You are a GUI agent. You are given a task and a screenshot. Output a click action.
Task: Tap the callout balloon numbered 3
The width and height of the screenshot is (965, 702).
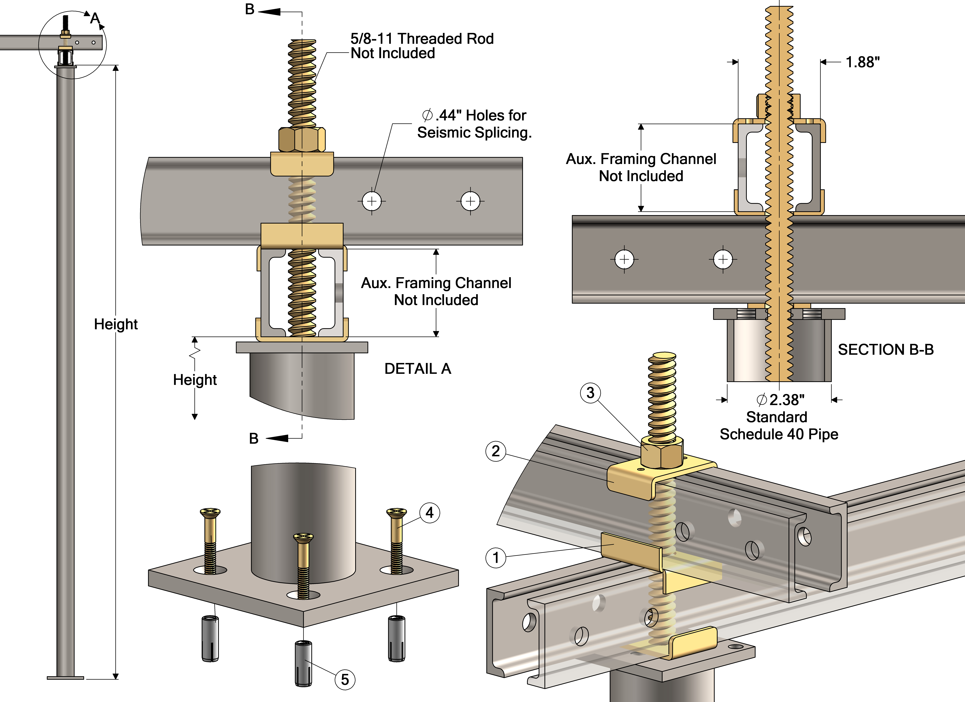click(590, 392)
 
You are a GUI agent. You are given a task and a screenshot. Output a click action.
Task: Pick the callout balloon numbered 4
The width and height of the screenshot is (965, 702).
click(430, 513)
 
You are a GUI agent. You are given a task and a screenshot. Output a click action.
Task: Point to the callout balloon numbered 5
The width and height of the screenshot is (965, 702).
click(345, 679)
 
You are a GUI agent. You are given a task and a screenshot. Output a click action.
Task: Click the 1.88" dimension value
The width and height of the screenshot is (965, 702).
click(862, 62)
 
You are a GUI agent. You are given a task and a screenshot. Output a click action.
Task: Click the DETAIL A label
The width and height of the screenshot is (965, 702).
click(417, 369)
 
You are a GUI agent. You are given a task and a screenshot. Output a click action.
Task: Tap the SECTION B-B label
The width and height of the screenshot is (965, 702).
click(885, 349)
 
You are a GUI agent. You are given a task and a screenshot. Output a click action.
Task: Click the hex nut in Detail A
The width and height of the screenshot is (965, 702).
click(302, 139)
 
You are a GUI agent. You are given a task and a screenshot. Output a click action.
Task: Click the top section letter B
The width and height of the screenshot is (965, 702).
click(250, 9)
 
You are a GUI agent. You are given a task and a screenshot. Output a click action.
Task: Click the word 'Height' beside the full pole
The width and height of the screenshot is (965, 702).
click(116, 324)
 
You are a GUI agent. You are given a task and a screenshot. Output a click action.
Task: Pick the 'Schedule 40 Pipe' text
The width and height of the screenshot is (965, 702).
click(779, 434)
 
